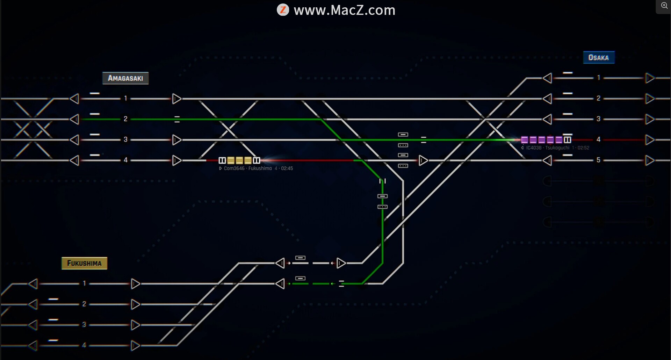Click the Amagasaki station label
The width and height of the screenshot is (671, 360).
coord(125,78)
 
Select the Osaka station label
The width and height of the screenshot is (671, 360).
coord(598,58)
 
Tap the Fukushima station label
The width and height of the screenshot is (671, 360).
coord(84,263)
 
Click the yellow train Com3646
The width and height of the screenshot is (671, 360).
coord(239,160)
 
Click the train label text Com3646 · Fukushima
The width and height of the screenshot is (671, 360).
coord(248,168)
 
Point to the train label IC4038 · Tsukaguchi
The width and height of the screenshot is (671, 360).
coord(548,148)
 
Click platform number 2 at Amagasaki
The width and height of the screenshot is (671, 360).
coord(125,119)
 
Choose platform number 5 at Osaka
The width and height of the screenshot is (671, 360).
coord(598,160)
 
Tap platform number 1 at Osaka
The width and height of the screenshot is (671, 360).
coord(598,78)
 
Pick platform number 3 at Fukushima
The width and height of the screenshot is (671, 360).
coord(84,325)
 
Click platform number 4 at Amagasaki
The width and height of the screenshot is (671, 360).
coord(125,160)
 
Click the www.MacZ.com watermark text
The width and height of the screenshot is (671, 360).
coord(344,10)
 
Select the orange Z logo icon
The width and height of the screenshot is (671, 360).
coord(283,10)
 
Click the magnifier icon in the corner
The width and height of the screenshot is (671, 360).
coord(664,6)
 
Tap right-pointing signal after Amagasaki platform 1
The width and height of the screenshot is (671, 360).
coord(177,99)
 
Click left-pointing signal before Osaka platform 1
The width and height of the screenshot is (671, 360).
coord(547,78)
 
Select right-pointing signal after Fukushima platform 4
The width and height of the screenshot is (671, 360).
coord(135,346)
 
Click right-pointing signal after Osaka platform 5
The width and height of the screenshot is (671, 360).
coord(650,160)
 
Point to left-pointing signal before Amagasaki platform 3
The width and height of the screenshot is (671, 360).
coord(74,140)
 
